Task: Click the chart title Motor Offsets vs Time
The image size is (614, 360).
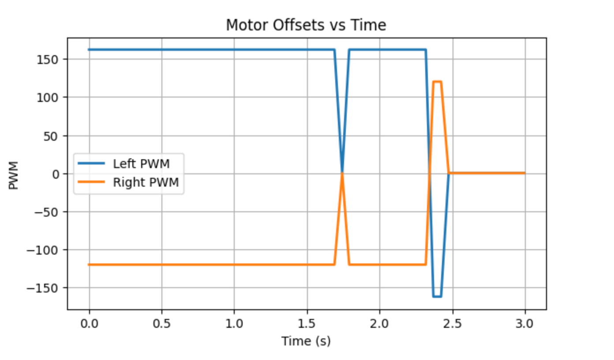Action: tap(306, 25)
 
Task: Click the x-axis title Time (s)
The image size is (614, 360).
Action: tap(306, 341)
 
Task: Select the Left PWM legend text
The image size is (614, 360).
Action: tap(141, 164)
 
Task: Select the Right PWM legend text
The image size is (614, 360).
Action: tap(146, 182)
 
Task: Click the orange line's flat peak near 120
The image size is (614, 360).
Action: tap(437, 82)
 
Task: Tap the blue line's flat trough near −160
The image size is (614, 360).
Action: tap(437, 296)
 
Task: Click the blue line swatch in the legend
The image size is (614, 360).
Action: tap(92, 164)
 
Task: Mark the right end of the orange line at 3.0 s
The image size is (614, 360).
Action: tap(524, 173)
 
